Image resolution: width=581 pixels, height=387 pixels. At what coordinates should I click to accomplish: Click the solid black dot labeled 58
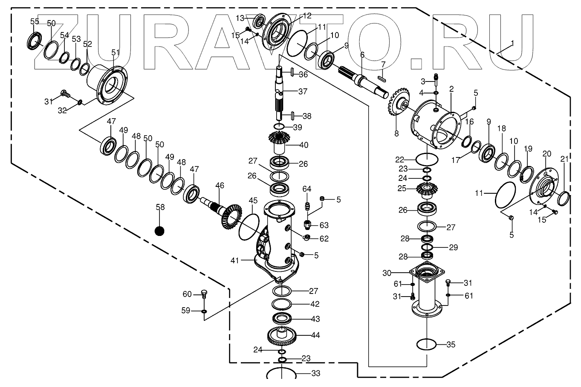tap(159, 230)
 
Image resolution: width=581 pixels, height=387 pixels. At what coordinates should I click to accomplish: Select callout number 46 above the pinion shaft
tap(220, 186)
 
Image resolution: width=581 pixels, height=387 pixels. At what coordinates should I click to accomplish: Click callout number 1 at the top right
tap(512, 43)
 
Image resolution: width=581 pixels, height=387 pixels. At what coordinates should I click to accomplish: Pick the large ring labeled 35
tap(427, 344)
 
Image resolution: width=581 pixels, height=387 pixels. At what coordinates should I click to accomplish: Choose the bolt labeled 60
tap(204, 294)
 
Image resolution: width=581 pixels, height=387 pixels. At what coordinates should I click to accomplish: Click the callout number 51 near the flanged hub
tap(115, 52)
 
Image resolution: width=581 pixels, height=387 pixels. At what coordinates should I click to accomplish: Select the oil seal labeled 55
tap(35, 40)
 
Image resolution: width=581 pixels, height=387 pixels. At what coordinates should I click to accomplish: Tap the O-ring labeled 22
tap(427, 159)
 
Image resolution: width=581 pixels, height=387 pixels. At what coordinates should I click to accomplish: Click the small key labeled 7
tap(382, 78)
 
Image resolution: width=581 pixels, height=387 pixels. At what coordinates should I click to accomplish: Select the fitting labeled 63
tap(307, 224)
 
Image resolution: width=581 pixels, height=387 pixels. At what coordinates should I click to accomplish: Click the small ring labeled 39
tap(279, 127)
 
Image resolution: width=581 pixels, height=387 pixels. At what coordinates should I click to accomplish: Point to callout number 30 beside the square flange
tap(387, 273)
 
